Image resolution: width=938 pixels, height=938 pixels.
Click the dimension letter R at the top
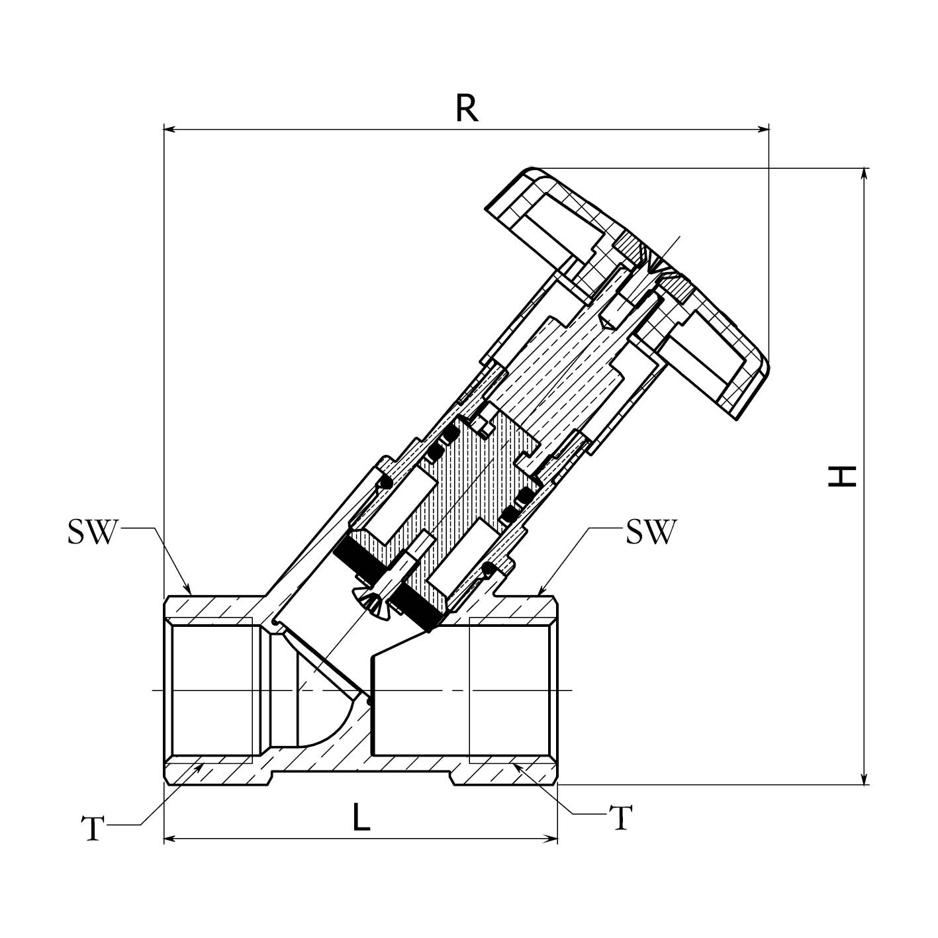(467, 109)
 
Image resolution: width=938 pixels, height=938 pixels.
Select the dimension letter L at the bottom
(361, 819)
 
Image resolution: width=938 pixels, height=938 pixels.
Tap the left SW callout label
(92, 532)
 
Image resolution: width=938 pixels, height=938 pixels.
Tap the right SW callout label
(651, 532)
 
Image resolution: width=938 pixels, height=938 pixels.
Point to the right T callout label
(620, 818)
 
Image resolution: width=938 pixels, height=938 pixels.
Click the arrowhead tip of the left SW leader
(191, 593)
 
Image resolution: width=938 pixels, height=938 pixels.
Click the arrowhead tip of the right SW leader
(538, 593)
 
